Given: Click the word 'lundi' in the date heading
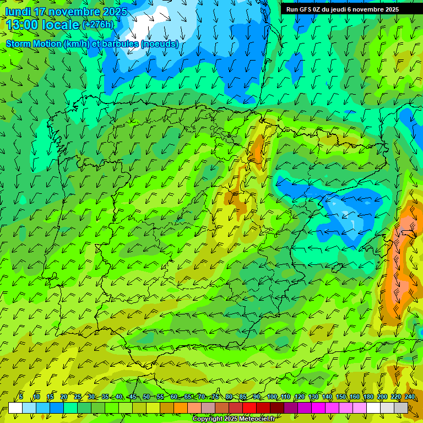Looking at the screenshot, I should [19, 12].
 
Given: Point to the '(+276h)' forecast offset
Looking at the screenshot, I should [97, 24].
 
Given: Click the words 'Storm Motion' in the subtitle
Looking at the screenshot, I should [34, 44].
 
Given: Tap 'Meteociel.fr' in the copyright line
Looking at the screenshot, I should [256, 419].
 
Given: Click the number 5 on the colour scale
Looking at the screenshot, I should [21, 397].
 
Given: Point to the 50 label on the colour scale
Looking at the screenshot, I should [146, 397].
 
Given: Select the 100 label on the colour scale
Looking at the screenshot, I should [272, 397].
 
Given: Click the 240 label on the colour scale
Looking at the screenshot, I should [410, 397].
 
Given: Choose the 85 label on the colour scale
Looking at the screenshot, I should [243, 397].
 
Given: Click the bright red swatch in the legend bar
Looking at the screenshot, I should [250, 408].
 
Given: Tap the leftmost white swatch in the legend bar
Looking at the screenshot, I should [15, 408].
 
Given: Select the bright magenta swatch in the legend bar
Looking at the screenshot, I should [318, 408].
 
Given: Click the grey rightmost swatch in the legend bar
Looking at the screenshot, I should [401, 408].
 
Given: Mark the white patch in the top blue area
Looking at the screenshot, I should [146, 25].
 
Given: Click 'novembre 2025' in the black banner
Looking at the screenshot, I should [377, 9].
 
